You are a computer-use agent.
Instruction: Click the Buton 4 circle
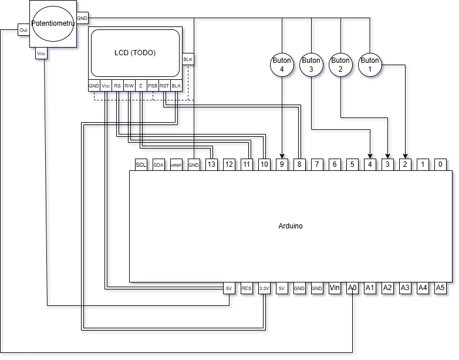coord(282,64)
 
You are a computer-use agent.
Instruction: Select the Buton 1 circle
coord(370,64)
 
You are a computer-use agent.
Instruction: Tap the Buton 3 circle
coord(311,64)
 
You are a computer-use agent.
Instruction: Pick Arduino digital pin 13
coord(211,165)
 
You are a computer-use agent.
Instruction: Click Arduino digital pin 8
coord(299,165)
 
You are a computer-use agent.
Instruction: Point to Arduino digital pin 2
coord(405,165)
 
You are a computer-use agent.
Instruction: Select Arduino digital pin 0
coord(440,165)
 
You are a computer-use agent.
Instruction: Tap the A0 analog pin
coord(352,288)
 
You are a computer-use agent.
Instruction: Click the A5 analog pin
coord(440,288)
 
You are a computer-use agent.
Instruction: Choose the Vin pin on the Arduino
coord(335,288)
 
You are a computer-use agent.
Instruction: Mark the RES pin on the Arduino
coord(247,288)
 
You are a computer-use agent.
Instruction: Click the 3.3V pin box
coord(264,288)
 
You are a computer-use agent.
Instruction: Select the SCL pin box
coord(141,165)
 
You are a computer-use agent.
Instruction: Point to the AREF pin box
coord(176,165)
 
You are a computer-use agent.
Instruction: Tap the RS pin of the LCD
coord(117,86)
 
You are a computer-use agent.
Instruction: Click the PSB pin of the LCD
coord(153,86)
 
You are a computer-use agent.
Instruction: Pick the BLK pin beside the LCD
coord(188,59)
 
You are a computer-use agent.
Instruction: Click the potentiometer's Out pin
coord(23,30)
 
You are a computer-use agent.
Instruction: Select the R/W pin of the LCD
coord(129,86)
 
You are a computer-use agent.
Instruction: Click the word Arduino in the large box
coord(291,226)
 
